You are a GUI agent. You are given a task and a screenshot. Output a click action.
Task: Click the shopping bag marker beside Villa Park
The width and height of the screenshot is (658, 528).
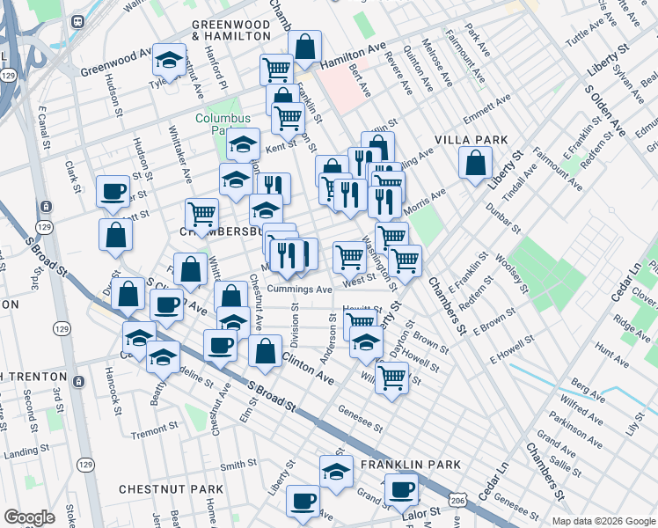[x=475, y=164]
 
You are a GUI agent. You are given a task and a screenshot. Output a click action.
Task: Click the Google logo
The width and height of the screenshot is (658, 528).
[x=29, y=517]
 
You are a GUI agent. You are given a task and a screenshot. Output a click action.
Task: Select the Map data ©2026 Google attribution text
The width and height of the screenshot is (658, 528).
[x=603, y=521]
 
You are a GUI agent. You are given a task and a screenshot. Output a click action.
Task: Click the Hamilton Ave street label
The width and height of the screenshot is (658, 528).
[x=354, y=57]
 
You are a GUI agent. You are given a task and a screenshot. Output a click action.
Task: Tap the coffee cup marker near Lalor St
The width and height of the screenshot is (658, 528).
[x=402, y=489]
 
